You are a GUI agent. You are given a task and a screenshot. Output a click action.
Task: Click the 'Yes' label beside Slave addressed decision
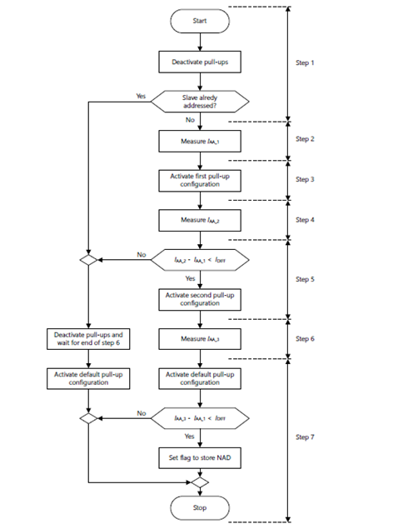(141, 96)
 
